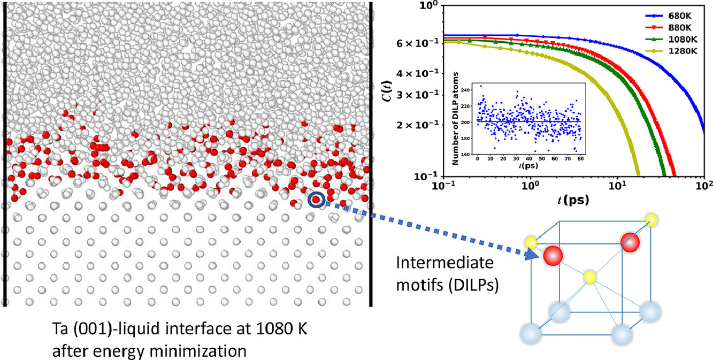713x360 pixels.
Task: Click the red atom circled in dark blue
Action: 316,200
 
